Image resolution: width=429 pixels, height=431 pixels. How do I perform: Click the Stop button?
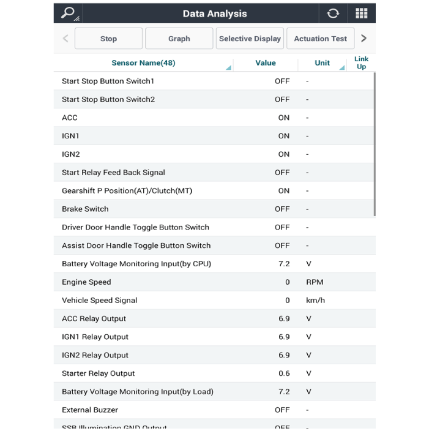click(108, 39)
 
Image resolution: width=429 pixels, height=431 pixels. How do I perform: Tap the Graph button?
click(179, 39)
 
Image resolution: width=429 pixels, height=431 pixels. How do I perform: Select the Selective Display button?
click(250, 39)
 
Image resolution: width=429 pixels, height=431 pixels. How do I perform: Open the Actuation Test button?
click(320, 39)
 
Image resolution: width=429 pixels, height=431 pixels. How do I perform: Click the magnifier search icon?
click(68, 13)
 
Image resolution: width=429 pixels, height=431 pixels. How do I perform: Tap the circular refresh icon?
click(333, 13)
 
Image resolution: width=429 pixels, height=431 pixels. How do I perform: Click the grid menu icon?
click(361, 13)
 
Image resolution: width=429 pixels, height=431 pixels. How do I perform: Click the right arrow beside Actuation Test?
click(364, 39)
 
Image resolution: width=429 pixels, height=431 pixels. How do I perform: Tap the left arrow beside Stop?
click(65, 39)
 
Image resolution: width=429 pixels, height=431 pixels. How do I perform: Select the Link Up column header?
click(361, 62)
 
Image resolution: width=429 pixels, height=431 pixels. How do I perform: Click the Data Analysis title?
click(214, 13)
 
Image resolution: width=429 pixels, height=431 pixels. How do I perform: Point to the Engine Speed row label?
click(86, 282)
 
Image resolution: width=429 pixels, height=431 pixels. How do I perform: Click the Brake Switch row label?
click(85, 209)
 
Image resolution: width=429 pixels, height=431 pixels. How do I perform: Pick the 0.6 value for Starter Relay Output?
click(284, 373)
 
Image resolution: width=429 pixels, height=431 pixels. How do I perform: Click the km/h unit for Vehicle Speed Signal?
click(315, 301)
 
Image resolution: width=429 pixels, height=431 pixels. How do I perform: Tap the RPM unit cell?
click(315, 282)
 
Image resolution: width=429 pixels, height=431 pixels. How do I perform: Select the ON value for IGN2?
click(283, 154)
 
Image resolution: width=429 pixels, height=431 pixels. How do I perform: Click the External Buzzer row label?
click(90, 410)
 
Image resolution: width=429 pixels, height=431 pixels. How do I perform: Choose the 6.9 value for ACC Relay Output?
click(284, 319)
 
